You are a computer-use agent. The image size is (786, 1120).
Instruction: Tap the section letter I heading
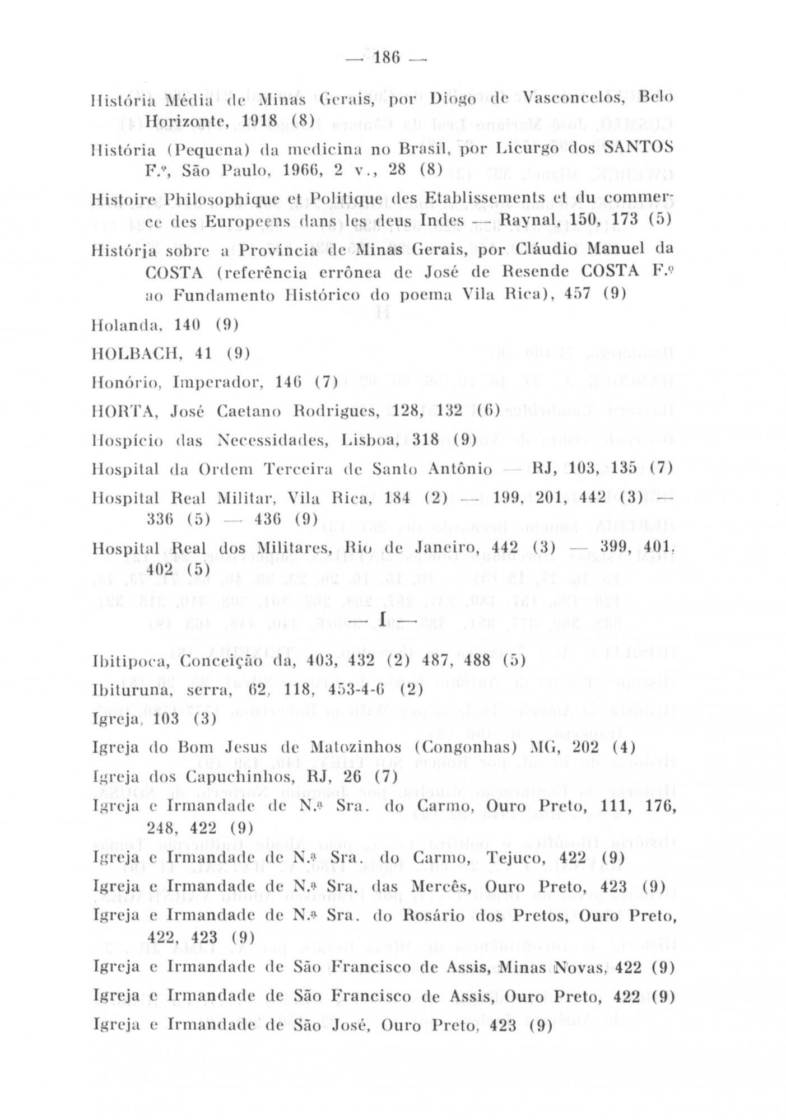(383, 619)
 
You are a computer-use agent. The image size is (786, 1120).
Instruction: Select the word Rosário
(447, 916)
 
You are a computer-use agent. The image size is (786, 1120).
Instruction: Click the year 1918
(261, 121)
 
